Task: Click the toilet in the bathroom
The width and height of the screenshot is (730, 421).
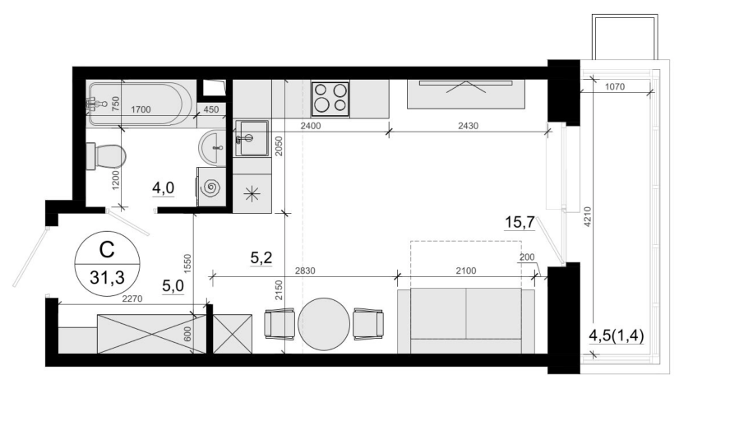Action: pos(106,156)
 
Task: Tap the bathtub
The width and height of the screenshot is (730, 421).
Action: pos(140,104)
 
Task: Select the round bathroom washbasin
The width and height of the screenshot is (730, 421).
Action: pos(212,148)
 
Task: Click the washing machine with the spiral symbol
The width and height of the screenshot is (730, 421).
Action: pos(211,187)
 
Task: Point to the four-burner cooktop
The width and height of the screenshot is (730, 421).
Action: pos(330,99)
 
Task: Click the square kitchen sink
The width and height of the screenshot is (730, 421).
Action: pos(252,138)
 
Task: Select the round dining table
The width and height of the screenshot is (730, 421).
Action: pos(324,324)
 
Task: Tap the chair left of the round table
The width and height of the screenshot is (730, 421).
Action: pos(280,324)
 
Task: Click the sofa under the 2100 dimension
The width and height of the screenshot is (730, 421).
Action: pos(466,321)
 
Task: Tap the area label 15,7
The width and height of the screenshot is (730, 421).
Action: pos(520,223)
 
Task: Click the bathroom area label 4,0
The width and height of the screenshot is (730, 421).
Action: pos(163,188)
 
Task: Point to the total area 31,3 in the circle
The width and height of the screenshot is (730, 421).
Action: pos(108,278)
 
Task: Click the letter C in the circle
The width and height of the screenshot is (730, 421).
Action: pos(107,250)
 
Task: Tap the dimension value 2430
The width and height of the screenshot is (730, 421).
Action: pos(468,126)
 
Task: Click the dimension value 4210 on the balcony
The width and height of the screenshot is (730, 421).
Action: pos(587,216)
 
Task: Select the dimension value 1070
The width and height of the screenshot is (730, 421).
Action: pos(615,87)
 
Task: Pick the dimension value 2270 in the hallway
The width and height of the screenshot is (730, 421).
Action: pos(132,299)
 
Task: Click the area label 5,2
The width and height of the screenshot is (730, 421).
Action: pos(261,257)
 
